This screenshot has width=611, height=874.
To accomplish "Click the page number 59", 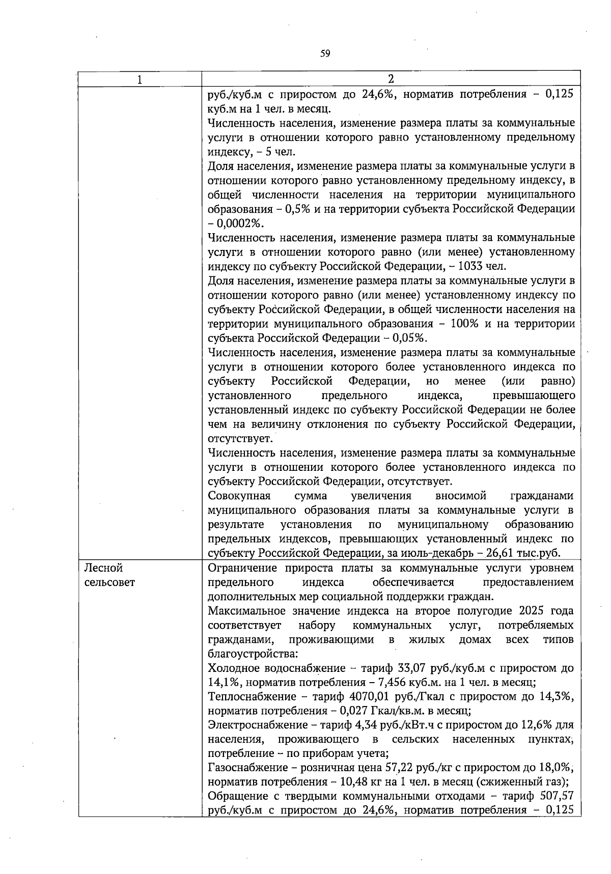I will (325, 53).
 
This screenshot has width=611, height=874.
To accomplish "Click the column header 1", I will (140, 79).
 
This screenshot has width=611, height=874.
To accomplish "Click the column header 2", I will (391, 79).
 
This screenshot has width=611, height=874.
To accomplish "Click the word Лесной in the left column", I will (103, 568).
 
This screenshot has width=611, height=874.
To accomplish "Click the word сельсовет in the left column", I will (109, 582).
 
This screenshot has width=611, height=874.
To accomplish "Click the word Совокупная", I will (239, 496).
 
